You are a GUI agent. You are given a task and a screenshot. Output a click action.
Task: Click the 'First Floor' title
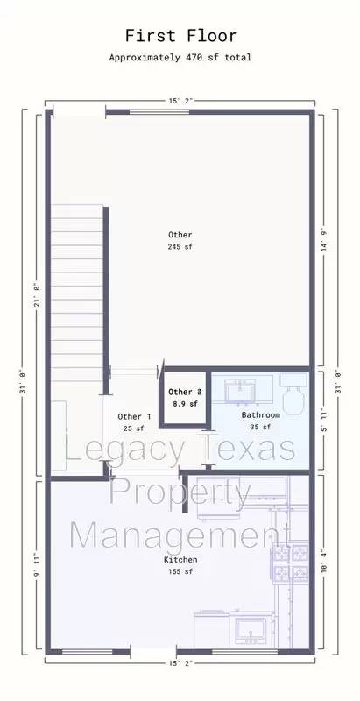(x=180, y=36)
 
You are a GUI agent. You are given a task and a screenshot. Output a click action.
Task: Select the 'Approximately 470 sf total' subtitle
(x=180, y=57)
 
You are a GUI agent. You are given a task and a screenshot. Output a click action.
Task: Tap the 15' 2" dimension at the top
(x=180, y=101)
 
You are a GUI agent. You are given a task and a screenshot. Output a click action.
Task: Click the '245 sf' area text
(x=180, y=248)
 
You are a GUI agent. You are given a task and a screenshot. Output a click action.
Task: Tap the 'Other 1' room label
(x=134, y=416)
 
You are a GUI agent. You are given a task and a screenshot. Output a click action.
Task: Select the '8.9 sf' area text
(x=185, y=404)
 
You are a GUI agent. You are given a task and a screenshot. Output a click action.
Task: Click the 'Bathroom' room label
(x=260, y=414)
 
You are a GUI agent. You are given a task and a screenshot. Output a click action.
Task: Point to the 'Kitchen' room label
(x=180, y=559)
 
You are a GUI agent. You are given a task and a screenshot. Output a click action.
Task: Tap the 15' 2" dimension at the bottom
(x=180, y=663)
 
